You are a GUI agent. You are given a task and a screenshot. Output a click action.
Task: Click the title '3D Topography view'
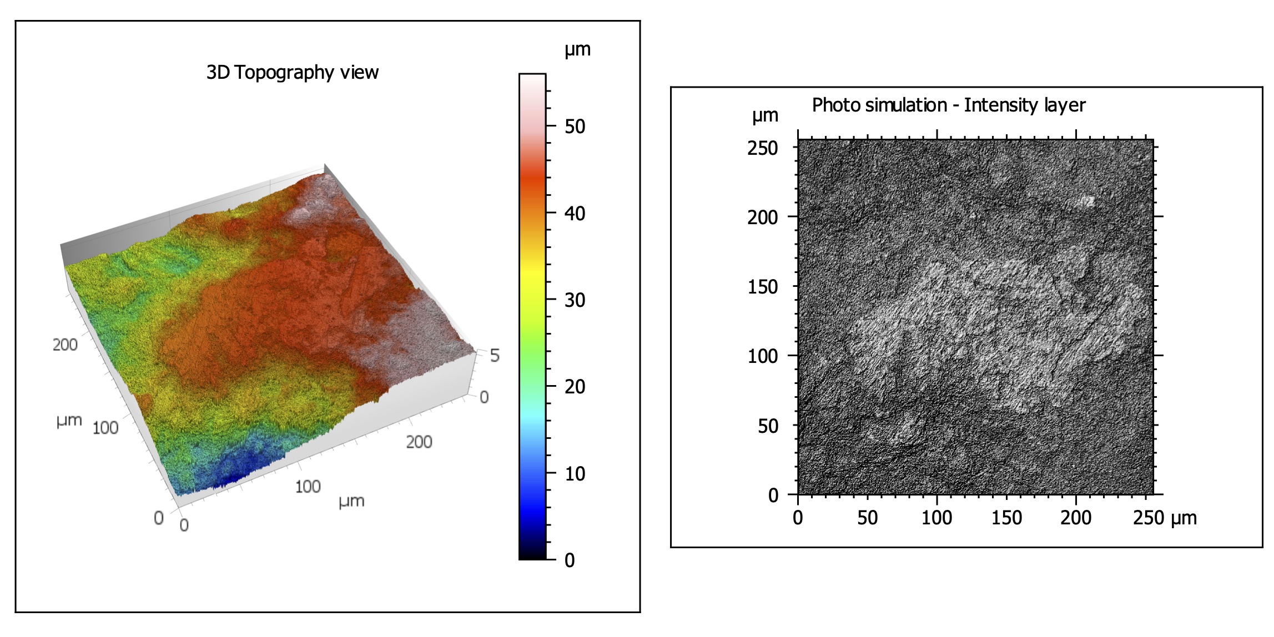[x=292, y=73]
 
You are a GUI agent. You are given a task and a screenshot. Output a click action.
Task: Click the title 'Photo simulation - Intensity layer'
[x=948, y=105]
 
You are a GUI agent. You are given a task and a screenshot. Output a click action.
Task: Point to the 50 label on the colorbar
[x=575, y=127]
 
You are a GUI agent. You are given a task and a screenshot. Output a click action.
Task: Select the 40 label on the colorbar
[x=575, y=214]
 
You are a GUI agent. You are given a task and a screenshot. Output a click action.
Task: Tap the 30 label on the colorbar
[x=575, y=300]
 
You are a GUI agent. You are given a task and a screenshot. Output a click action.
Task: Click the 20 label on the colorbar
[x=575, y=387]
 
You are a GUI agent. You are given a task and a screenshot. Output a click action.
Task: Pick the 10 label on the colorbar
[x=575, y=474]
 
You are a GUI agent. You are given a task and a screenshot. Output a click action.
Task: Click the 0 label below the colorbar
[x=570, y=560]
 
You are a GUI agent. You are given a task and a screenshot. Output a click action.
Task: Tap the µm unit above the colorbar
[x=577, y=50]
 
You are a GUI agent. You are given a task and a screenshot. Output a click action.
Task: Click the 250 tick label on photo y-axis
[x=762, y=148]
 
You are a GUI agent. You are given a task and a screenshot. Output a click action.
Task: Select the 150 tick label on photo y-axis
[x=762, y=287]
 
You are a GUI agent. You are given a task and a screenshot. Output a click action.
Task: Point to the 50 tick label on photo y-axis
[x=768, y=426]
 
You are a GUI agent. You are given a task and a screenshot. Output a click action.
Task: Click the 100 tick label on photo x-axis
[x=936, y=518]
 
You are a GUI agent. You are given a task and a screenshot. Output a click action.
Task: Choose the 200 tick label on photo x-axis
[x=1075, y=518]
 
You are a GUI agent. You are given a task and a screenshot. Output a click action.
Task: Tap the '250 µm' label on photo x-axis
[x=1164, y=518]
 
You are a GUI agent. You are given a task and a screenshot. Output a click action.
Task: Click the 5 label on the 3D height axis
[x=495, y=356]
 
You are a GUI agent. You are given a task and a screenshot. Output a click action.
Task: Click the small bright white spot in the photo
[x=1085, y=201]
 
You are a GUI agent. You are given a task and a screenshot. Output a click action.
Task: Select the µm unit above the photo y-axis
[x=765, y=116]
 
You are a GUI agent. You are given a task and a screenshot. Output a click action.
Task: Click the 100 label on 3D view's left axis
[x=105, y=428]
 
